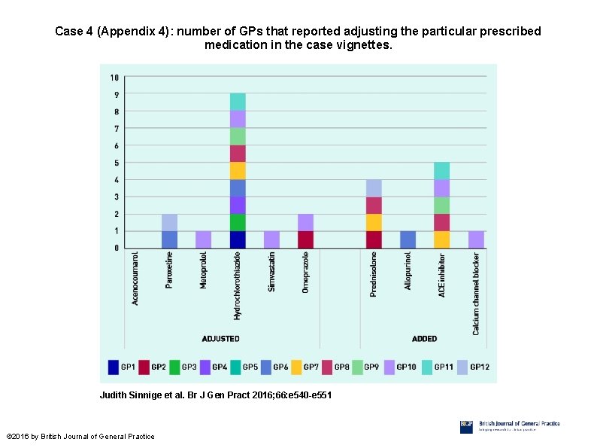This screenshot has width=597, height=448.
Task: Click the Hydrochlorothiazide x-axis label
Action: pos(238,279)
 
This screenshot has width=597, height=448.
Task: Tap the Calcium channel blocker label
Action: pos(476,293)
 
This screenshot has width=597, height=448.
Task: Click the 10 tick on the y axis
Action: pos(114,78)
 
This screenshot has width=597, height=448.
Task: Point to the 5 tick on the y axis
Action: pos(116,163)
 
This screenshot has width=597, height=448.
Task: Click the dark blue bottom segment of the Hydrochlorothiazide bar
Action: pos(238,239)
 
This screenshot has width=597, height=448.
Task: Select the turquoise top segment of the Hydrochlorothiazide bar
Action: pos(238,102)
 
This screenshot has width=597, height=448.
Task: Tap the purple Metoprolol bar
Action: pos(204,239)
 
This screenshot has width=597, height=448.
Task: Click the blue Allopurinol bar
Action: pos(408,239)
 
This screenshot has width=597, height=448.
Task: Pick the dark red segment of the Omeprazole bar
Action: pos(305,239)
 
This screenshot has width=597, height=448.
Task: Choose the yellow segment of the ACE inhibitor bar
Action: pos(442,239)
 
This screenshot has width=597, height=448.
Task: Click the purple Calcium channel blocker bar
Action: pos(476,239)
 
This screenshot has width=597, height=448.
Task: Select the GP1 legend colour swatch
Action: pos(114,367)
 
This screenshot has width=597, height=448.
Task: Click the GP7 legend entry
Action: pos(305,367)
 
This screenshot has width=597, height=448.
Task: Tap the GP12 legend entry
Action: pos(471,367)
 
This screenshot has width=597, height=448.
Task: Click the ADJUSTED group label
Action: pos(220,339)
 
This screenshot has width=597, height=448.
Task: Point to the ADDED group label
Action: pos(424,339)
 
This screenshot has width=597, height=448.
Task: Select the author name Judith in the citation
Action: pos(114,395)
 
